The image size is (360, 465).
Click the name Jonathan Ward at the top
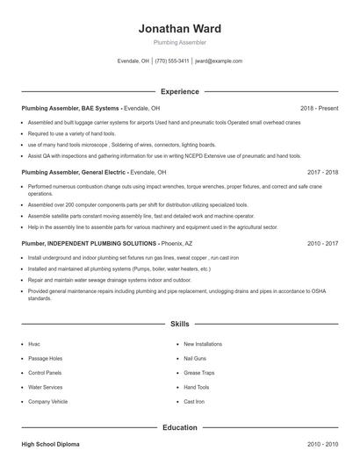point(180,28)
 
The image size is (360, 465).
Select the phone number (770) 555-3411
point(173,61)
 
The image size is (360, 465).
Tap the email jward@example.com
point(219,61)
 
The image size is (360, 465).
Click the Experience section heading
point(180,91)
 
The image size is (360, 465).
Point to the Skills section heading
point(180,324)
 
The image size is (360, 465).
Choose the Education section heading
point(180,427)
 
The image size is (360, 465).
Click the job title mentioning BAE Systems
point(70,108)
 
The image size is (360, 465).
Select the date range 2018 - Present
point(320,108)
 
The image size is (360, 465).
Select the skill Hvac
point(34,345)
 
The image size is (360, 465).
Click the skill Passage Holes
point(45,359)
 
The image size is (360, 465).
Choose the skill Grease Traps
point(199,373)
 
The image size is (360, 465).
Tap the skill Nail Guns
point(195,359)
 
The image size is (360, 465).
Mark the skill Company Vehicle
point(47,401)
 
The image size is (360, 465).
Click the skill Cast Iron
point(194,401)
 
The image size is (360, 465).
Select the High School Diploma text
point(50,445)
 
